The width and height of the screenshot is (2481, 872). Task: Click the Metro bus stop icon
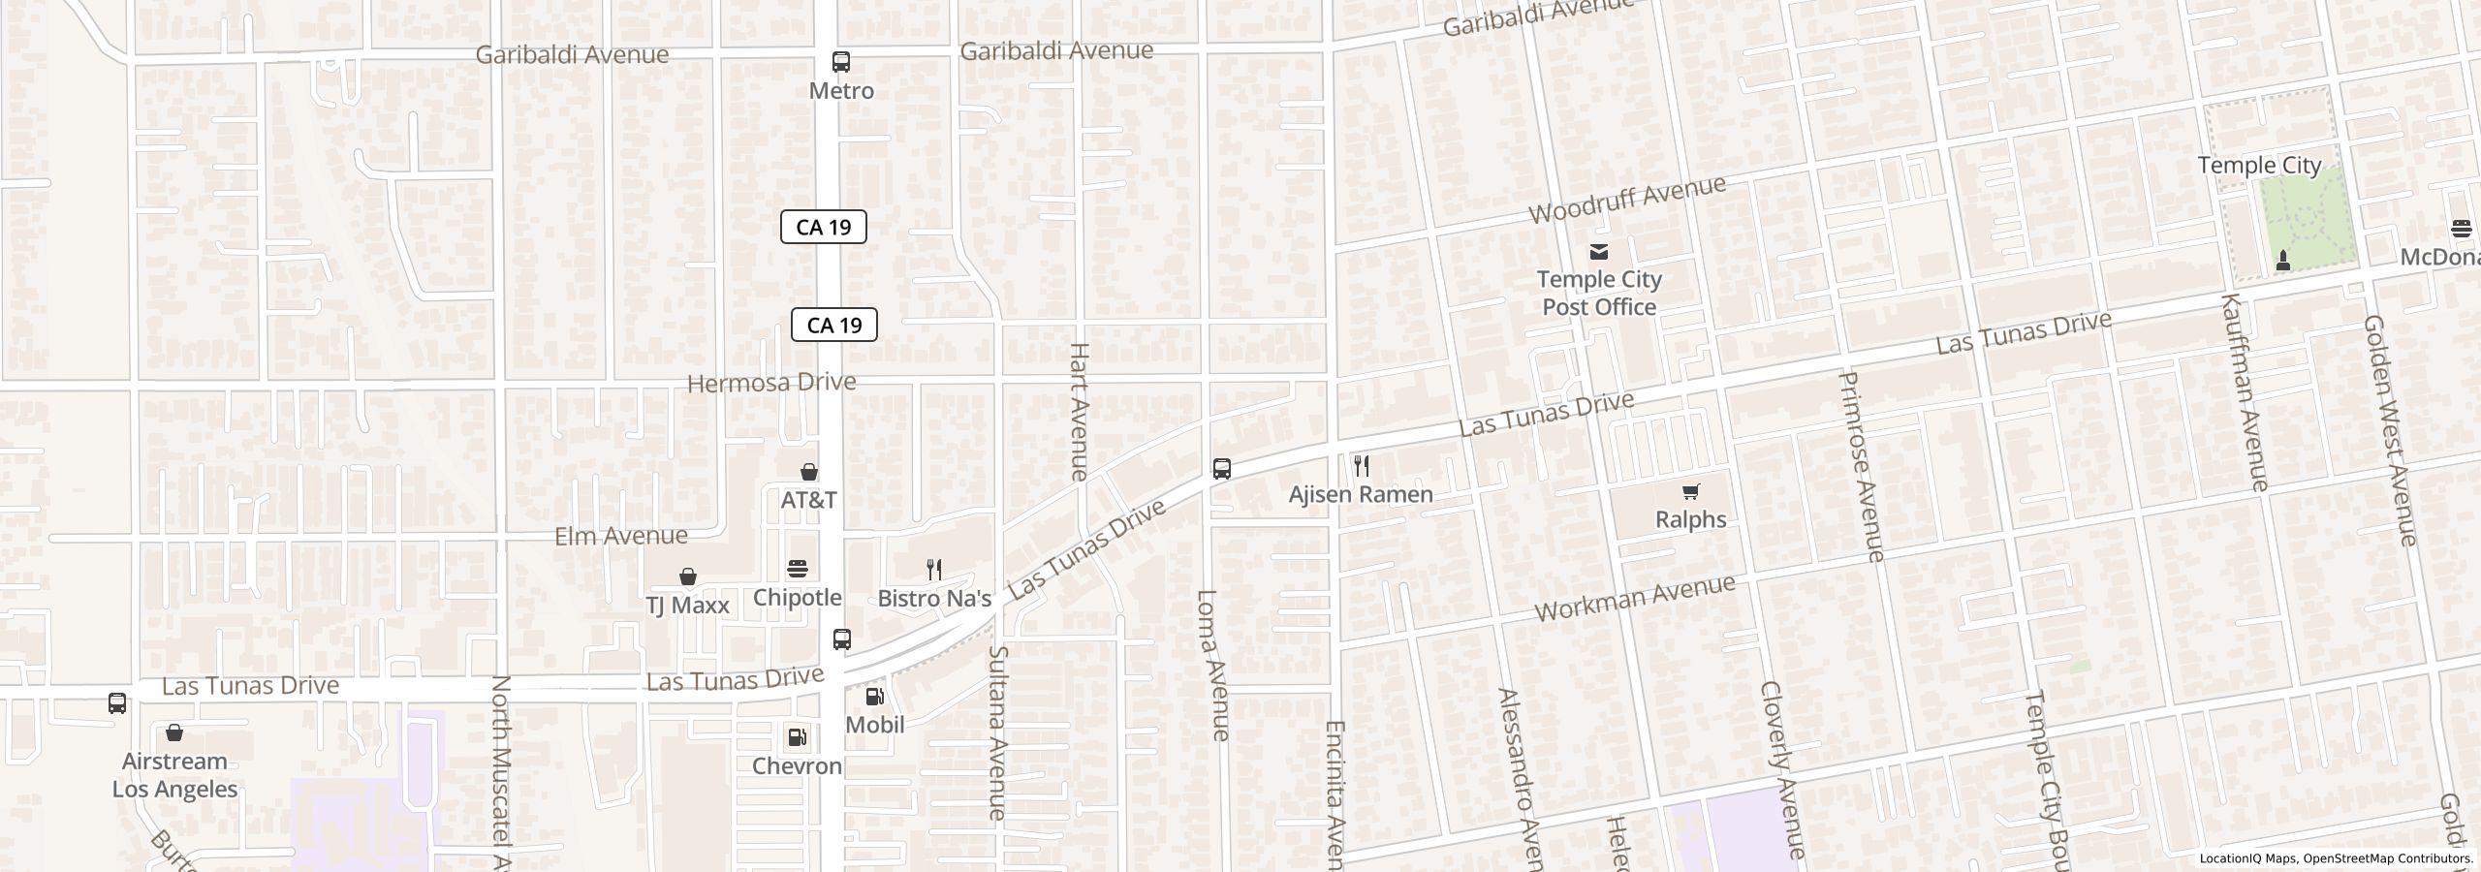click(841, 62)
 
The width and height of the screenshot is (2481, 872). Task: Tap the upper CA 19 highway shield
click(823, 227)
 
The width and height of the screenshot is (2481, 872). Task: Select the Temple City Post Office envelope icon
click(1599, 252)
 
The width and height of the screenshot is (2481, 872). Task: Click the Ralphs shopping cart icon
click(1690, 492)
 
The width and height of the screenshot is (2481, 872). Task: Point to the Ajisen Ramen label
click(1361, 494)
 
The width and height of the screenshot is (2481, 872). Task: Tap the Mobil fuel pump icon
click(874, 697)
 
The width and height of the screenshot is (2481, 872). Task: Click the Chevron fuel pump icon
click(797, 738)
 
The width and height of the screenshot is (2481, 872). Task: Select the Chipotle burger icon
click(797, 569)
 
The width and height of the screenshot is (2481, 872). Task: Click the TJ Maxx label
click(687, 606)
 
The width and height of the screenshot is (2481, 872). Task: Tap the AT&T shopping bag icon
click(808, 472)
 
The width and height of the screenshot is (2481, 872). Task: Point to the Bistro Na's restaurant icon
click(934, 569)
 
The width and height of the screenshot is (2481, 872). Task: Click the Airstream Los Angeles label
click(174, 775)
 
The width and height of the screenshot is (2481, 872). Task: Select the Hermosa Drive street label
click(771, 383)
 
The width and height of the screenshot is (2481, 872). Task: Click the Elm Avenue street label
click(621, 536)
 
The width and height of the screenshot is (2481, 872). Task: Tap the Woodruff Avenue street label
click(1627, 200)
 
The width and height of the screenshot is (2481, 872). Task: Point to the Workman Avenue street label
click(1634, 599)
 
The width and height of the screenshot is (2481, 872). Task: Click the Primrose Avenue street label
click(1861, 465)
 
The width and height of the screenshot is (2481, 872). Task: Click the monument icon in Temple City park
click(2283, 260)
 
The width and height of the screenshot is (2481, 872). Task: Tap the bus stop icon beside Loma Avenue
click(1222, 469)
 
